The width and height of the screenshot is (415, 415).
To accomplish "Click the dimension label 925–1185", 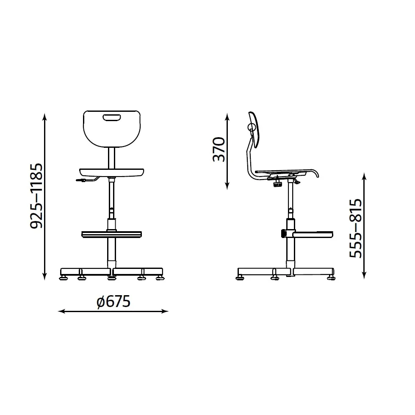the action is pos(36,196).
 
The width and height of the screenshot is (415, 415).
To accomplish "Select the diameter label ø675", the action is pos(113,302).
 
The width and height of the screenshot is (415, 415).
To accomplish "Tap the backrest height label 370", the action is pos(219,149).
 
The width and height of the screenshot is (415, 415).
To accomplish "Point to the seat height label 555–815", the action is pos(355,228).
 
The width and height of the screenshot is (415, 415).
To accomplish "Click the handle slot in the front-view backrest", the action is pos(112,117).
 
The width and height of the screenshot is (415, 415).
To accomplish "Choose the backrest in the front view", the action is pos(112,129).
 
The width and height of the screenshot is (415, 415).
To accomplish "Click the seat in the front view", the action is pos(112,173).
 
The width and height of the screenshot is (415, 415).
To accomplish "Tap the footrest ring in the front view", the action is pos(111,235).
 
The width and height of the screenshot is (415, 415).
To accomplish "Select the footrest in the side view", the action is pos(313,235).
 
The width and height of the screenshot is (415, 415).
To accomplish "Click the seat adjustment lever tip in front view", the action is pos(77,180).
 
